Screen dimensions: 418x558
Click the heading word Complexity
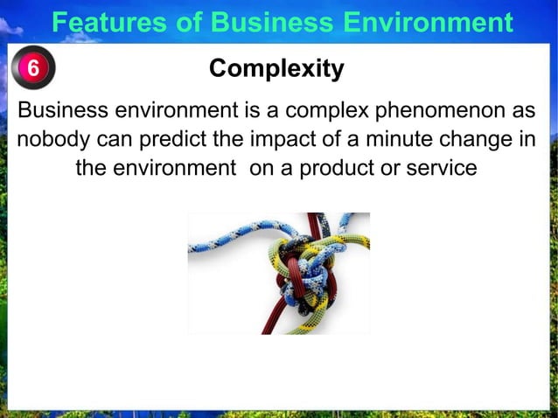[277, 68]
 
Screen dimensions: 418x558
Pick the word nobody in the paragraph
[54, 139]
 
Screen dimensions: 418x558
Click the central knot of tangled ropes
[301, 266]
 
